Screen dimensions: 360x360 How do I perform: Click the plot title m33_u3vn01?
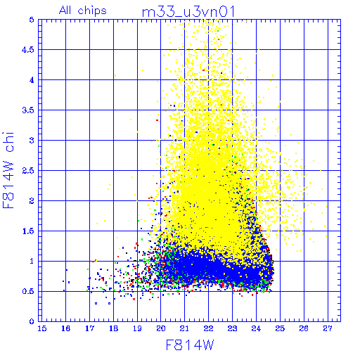click(x=188, y=12)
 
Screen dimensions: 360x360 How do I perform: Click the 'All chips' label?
click(x=83, y=11)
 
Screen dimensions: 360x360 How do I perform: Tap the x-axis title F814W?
click(x=190, y=345)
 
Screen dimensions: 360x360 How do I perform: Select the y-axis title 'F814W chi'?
click(x=8, y=170)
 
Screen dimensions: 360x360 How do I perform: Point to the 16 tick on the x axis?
click(x=66, y=328)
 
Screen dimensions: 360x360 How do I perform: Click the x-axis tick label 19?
click(x=137, y=328)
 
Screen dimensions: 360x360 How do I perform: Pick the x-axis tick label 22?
click(x=209, y=328)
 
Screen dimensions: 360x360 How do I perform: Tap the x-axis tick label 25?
click(x=280, y=328)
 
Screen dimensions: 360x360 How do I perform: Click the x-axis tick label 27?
click(x=328, y=328)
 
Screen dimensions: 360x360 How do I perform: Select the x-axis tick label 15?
click(x=42, y=328)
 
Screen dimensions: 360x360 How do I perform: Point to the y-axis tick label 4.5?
click(x=28, y=50)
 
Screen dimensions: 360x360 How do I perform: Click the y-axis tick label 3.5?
click(x=28, y=110)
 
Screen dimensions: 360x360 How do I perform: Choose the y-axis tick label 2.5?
click(x=28, y=171)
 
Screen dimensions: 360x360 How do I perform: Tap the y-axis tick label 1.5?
click(x=28, y=231)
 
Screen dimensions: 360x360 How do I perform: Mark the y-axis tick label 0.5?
click(x=28, y=292)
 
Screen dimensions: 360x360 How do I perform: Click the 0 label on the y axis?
click(x=32, y=321)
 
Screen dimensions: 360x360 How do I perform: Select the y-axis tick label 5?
click(x=32, y=20)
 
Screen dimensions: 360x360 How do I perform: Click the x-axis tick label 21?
click(x=185, y=328)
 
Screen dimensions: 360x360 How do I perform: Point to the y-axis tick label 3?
click(x=32, y=141)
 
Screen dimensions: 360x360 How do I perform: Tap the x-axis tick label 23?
click(x=233, y=328)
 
